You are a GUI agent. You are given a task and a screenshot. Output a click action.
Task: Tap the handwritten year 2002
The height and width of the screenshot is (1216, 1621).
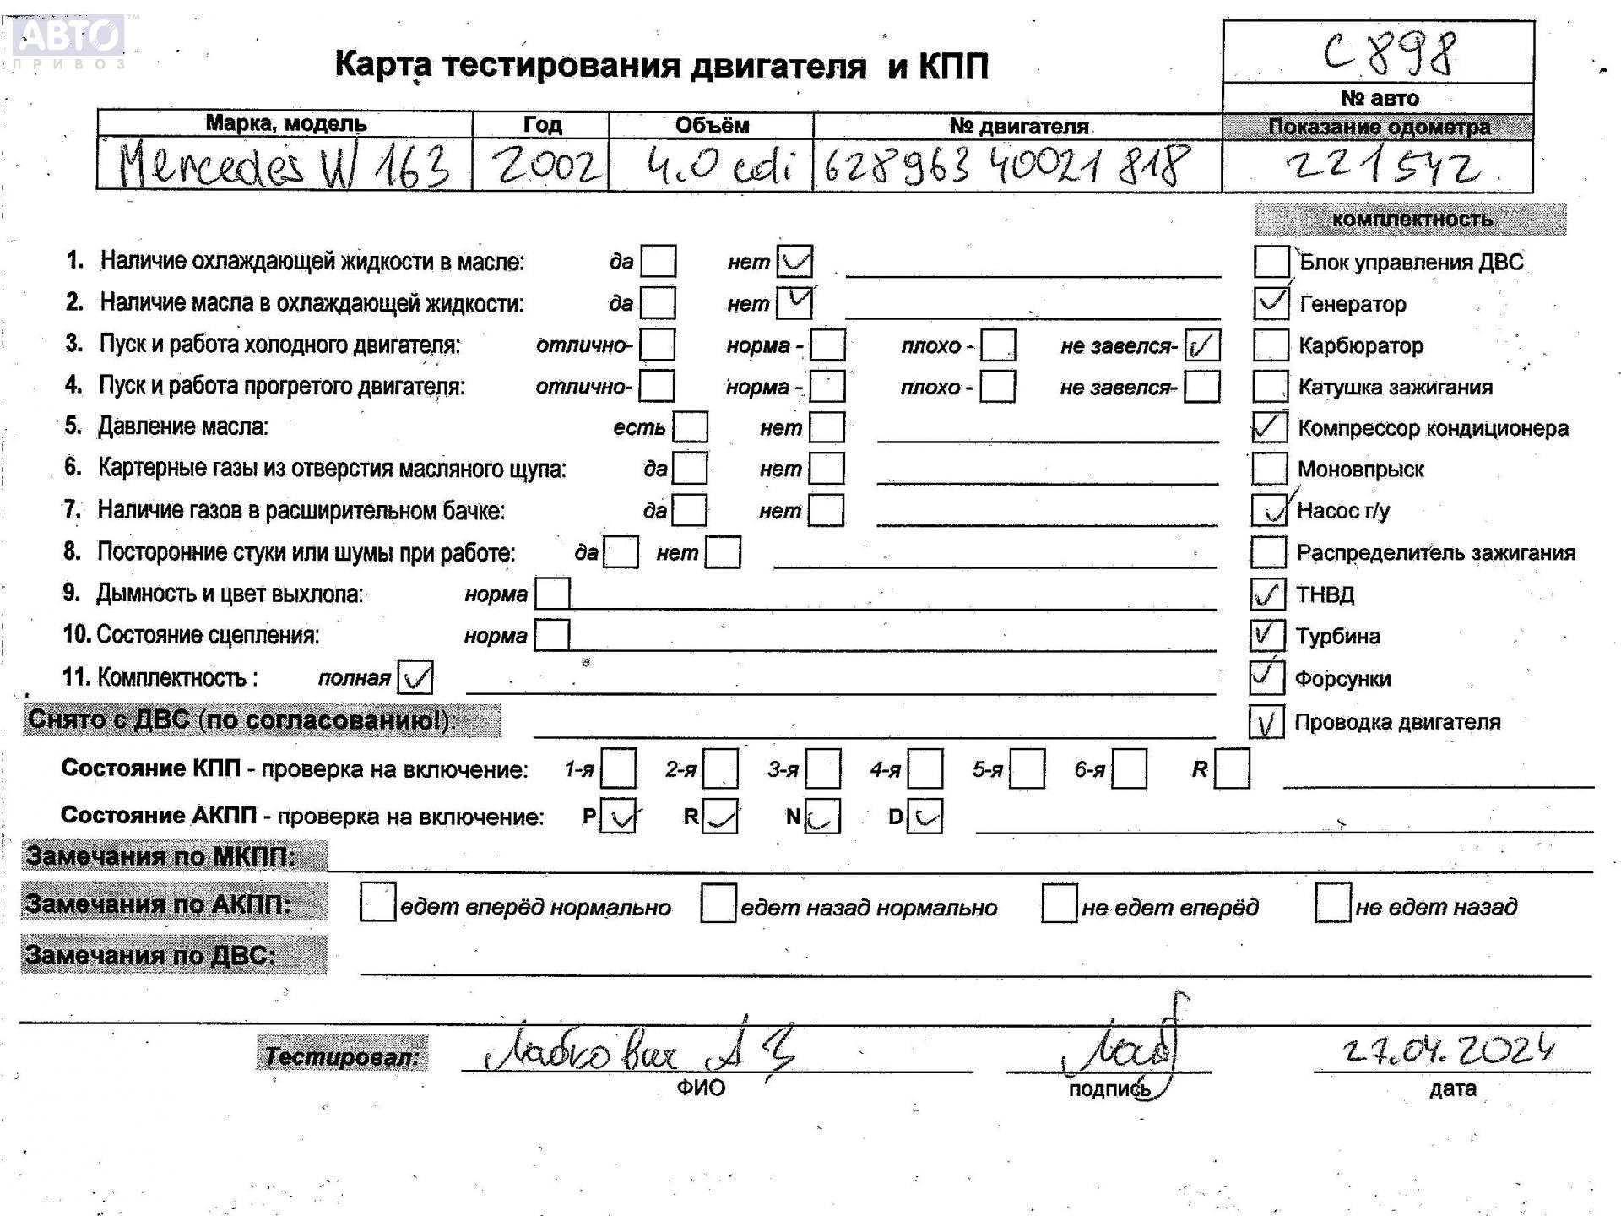547,165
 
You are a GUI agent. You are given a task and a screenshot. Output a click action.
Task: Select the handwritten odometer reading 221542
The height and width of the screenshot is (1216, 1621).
1382,166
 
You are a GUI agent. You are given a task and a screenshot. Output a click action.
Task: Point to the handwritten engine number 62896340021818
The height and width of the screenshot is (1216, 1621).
1006,165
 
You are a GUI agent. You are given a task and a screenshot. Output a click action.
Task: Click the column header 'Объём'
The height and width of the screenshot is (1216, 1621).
711,125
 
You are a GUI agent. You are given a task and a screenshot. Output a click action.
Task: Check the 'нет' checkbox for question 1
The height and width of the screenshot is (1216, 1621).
794,262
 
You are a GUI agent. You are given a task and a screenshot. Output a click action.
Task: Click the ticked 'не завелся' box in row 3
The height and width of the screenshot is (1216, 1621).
1201,345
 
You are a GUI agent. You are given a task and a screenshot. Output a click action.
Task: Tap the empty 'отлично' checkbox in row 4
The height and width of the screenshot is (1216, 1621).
657,387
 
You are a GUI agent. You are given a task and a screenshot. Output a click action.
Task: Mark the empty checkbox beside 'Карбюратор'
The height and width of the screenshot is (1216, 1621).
1271,345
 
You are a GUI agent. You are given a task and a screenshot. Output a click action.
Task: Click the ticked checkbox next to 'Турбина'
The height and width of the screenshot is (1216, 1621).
1266,636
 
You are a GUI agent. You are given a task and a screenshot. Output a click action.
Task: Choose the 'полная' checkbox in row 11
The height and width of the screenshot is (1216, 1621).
415,677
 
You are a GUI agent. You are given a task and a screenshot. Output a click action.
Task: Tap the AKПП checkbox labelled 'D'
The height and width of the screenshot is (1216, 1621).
925,817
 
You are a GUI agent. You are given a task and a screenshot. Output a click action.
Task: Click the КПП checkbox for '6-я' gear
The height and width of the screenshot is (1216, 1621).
1129,769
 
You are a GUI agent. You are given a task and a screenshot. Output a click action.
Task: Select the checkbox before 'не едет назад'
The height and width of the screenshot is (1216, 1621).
1332,904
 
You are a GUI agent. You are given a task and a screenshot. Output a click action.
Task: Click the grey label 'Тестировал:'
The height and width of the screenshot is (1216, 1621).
342,1055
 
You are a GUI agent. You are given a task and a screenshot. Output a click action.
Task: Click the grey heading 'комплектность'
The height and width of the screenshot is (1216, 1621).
1411,220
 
